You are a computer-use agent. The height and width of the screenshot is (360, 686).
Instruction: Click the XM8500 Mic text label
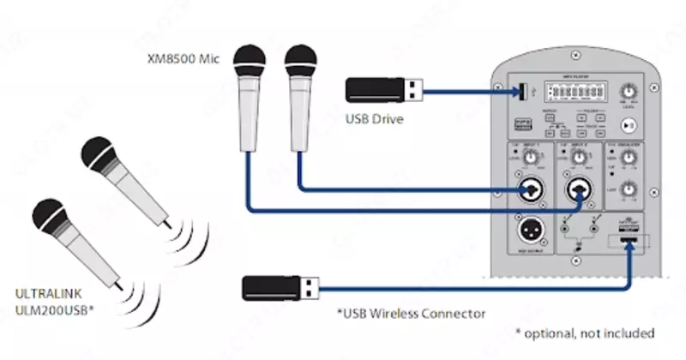184,61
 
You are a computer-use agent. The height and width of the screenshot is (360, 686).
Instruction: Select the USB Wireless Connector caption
412,313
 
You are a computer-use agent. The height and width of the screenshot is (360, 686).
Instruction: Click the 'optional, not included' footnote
586,332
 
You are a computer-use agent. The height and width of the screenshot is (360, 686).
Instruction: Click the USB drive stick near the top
382,88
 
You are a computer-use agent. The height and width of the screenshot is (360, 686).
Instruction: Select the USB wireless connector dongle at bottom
282,286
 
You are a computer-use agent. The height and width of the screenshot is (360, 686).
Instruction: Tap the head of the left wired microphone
252,63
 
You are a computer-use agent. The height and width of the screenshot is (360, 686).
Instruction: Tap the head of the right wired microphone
300,63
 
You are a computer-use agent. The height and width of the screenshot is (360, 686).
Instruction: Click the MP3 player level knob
632,91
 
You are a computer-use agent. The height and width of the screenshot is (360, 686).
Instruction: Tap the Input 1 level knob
532,156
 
